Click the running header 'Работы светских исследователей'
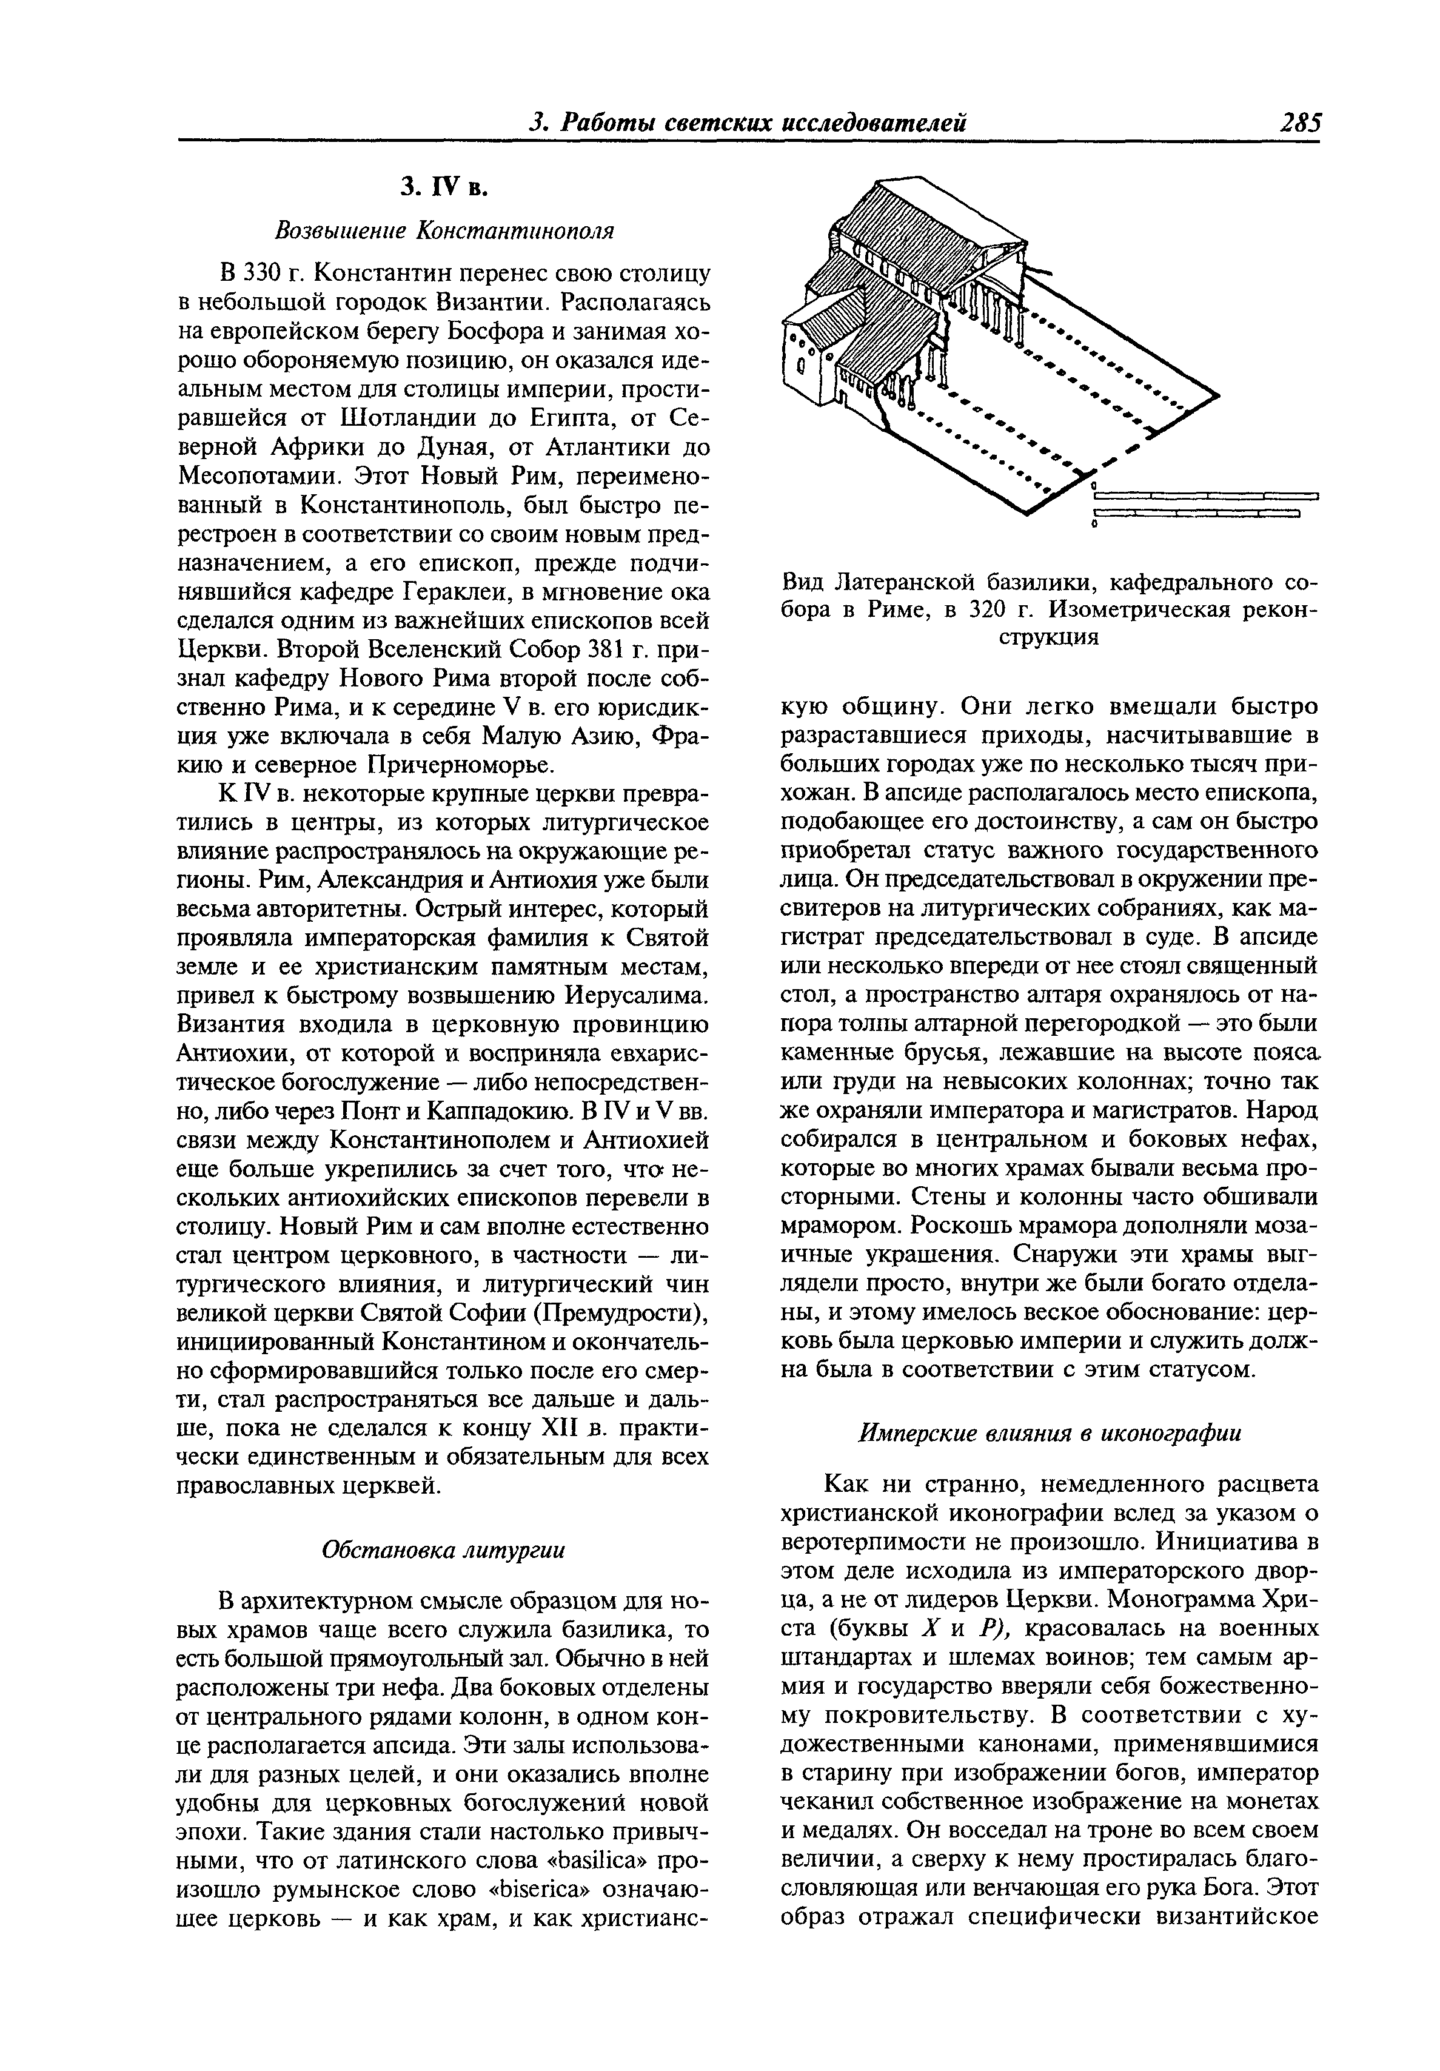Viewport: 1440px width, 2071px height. coord(763,122)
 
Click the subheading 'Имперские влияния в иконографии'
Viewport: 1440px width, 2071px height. coord(1049,1432)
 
